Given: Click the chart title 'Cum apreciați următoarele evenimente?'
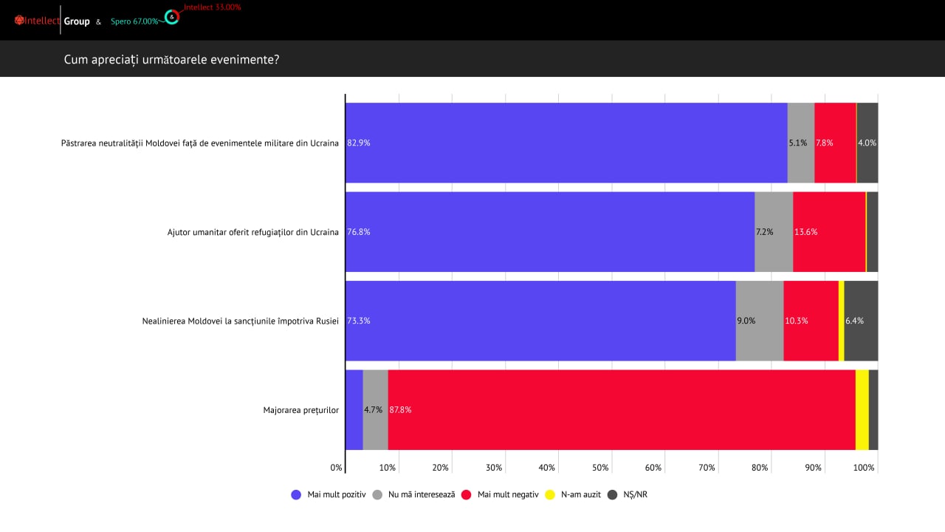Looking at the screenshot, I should point(171,59).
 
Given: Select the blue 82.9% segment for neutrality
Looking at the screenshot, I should point(566,143).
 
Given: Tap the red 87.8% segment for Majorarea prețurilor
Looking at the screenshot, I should point(621,409).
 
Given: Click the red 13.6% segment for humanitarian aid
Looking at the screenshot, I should point(828,232).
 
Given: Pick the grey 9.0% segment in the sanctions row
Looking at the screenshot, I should point(759,321).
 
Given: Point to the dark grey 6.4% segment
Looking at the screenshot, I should point(861,321).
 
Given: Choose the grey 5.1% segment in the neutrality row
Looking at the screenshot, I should point(800,143).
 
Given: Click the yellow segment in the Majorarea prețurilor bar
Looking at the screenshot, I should point(862,409).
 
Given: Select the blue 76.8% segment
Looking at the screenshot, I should point(549,232).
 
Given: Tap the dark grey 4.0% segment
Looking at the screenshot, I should point(867,143).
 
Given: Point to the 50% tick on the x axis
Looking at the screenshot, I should point(600,468).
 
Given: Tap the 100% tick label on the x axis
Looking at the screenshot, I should point(864,468).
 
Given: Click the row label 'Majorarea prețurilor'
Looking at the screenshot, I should point(300,410).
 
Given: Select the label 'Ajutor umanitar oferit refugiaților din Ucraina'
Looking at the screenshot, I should point(252,232).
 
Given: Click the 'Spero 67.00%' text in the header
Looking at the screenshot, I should point(134,21).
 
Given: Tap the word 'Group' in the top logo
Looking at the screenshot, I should point(77,21).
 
